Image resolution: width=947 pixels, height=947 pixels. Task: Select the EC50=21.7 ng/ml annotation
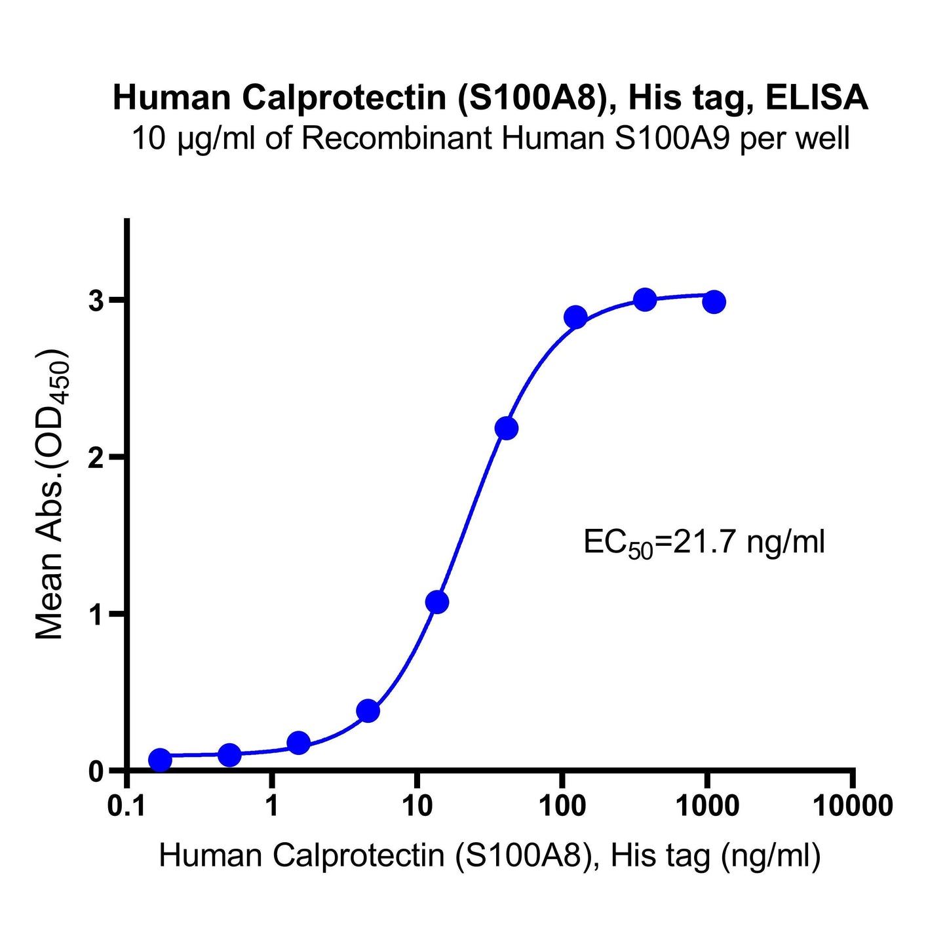pyautogui.click(x=704, y=543)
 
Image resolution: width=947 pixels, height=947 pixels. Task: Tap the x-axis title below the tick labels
pyautogui.click(x=490, y=855)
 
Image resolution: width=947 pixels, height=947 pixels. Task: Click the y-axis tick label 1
pyautogui.click(x=98, y=614)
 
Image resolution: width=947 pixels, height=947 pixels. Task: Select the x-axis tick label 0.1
pyautogui.click(x=127, y=805)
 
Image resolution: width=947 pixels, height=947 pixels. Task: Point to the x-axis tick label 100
pyautogui.click(x=562, y=805)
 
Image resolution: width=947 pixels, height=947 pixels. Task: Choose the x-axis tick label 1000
pyautogui.click(x=706, y=805)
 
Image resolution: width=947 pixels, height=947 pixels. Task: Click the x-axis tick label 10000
pyautogui.click(x=853, y=805)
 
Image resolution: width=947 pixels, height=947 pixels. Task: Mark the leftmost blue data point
pyautogui.click(x=160, y=760)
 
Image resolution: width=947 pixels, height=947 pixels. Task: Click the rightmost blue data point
pyautogui.click(x=714, y=302)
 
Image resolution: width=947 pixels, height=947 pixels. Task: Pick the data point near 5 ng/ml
pyautogui.click(x=368, y=711)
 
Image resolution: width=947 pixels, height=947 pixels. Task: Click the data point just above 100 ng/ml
pyautogui.click(x=575, y=318)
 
